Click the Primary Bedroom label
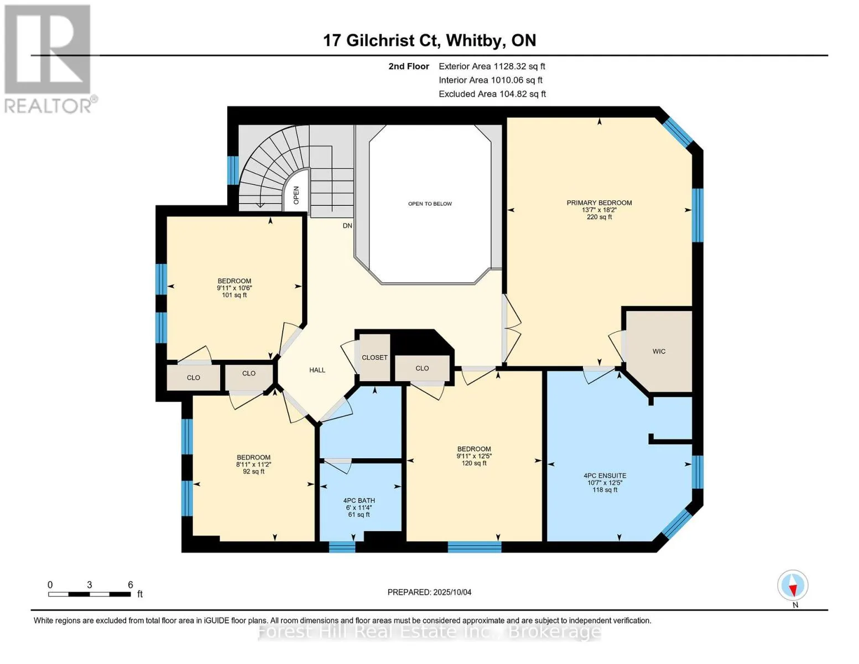[x=599, y=203]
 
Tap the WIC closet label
[x=659, y=351]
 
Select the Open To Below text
[x=430, y=204]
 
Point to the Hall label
[x=317, y=370]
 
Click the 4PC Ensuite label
[x=605, y=476]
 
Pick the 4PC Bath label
[x=359, y=501]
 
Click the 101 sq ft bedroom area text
[x=234, y=295]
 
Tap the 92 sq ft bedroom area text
[x=253, y=471]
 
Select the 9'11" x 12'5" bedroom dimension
[x=474, y=456]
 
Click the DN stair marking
[x=347, y=226]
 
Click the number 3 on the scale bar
[x=90, y=585]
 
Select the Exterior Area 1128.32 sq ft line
[x=492, y=66]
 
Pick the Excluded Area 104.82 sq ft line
[x=492, y=94]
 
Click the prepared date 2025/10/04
[x=452, y=592]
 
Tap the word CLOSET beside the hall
[x=374, y=357]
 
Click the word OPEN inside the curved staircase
[x=296, y=195]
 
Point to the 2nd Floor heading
[x=408, y=66]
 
